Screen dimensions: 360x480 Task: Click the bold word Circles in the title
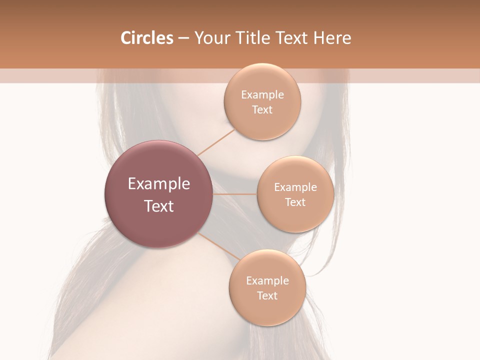[146, 38]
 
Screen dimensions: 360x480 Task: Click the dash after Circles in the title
[183, 38]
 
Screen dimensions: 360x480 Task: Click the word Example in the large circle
[159, 184]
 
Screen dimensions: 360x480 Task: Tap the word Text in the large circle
[159, 206]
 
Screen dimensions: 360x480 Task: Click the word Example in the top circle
[262, 95]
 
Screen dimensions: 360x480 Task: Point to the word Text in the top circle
[262, 110]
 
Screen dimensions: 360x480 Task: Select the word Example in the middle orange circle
[295, 187]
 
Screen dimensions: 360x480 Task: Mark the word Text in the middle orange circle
[295, 202]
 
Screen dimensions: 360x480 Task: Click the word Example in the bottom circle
[267, 281]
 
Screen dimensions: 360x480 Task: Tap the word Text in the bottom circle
[267, 296]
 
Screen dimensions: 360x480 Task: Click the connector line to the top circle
[216, 142]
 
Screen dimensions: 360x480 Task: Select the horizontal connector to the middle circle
[234, 194]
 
